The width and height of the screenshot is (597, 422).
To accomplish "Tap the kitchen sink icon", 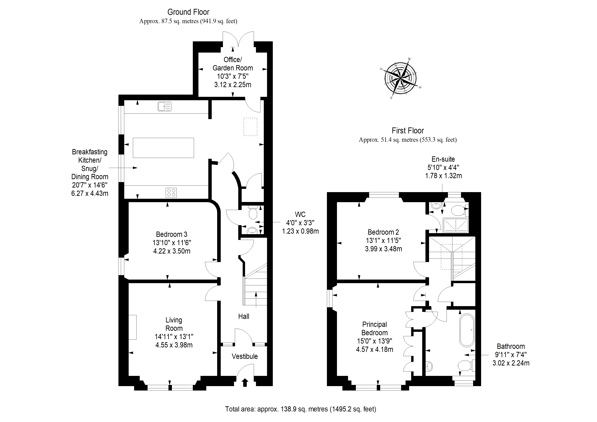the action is (x=165, y=106).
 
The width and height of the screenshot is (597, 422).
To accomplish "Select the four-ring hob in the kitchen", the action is (x=171, y=193).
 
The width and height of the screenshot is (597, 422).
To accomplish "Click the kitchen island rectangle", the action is (x=163, y=148).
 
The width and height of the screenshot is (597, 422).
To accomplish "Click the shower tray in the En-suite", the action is (x=456, y=225).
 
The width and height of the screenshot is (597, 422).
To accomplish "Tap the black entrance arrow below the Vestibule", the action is (x=245, y=383).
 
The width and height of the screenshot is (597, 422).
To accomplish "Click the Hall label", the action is (x=244, y=316).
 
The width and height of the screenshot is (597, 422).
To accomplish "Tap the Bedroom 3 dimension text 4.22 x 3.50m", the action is (x=172, y=251).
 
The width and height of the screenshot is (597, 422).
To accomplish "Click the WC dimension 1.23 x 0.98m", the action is (x=300, y=231).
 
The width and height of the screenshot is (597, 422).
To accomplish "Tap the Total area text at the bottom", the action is (x=301, y=409).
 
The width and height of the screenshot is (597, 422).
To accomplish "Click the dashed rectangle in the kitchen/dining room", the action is (x=250, y=127).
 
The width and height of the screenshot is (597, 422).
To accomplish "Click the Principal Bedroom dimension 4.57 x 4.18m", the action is (x=374, y=350).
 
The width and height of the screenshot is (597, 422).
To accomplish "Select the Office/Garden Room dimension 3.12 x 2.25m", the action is (x=233, y=85).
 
